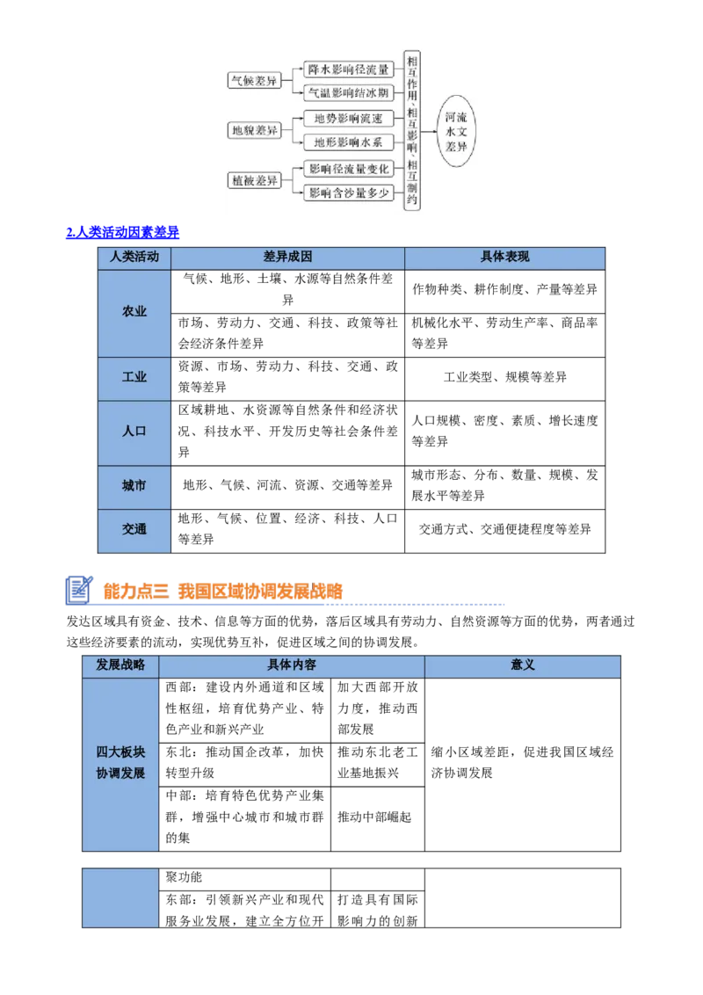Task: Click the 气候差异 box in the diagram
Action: (x=253, y=81)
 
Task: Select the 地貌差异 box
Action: (x=253, y=130)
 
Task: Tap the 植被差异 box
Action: (x=253, y=180)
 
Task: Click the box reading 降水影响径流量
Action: (x=348, y=69)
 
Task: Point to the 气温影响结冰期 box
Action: (x=348, y=92)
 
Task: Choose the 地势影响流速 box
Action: (x=348, y=119)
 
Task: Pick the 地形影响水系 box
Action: (x=348, y=142)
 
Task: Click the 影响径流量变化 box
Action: (x=348, y=168)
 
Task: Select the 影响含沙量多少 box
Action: (x=348, y=192)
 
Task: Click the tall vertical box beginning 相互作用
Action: (x=411, y=130)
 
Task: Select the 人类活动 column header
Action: (x=134, y=258)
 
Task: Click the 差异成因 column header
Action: (x=287, y=258)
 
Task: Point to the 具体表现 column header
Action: (x=504, y=258)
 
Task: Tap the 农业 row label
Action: (x=134, y=312)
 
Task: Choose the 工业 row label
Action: (x=134, y=378)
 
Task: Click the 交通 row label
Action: (x=134, y=530)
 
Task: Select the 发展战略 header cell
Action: (x=120, y=665)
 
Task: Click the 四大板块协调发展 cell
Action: (x=120, y=763)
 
